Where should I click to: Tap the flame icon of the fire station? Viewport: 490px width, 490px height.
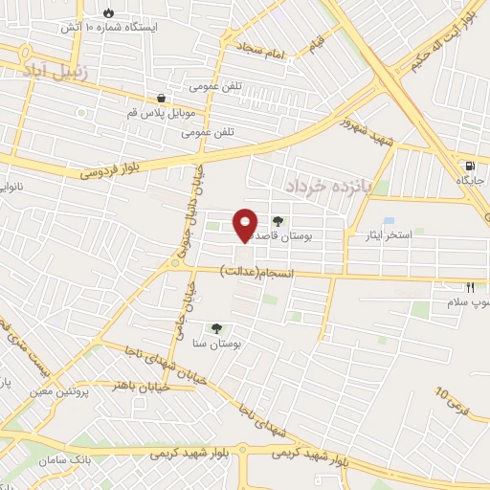[108, 12]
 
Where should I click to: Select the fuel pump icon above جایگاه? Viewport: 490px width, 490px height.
[467, 162]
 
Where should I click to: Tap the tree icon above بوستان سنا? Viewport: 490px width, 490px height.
[217, 327]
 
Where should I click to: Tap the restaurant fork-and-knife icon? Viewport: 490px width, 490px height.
[470, 286]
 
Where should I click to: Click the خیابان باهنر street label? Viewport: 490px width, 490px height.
[132, 384]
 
